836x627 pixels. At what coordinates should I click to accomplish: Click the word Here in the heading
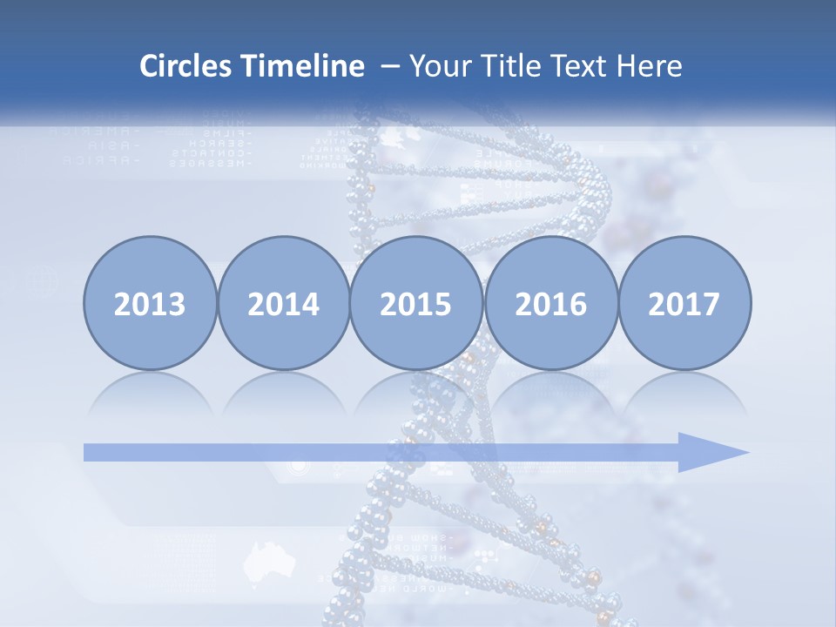pos(649,66)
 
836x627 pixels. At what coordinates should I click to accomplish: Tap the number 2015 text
pos(416,305)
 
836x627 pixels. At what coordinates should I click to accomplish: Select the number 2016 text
pos(550,305)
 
